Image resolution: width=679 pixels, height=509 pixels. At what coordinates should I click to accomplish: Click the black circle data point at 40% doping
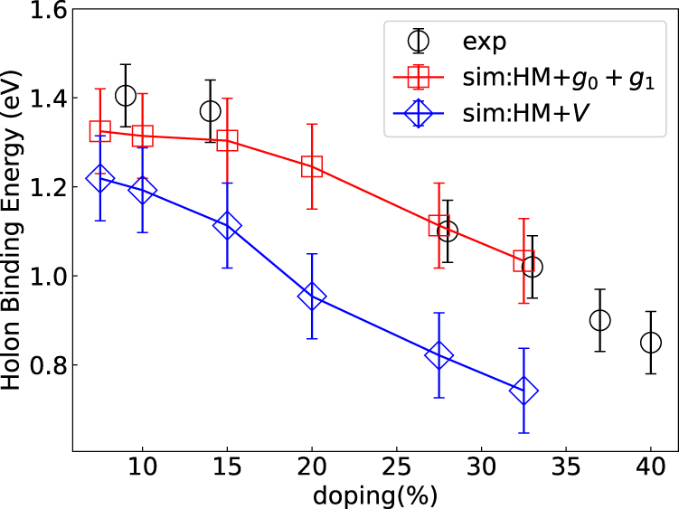pyautogui.click(x=650, y=343)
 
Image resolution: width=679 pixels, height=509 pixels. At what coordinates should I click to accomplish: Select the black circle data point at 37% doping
pyautogui.click(x=599, y=320)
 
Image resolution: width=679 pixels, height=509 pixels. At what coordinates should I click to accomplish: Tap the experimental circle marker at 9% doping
pyautogui.click(x=126, y=96)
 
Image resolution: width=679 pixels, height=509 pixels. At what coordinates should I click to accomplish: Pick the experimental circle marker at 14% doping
pyautogui.click(x=211, y=111)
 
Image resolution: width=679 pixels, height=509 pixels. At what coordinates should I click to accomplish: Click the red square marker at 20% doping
pyautogui.click(x=312, y=166)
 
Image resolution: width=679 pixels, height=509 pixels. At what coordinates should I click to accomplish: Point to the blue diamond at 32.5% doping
pyautogui.click(x=523, y=391)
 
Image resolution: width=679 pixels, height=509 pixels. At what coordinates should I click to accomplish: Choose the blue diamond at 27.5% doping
pyautogui.click(x=439, y=355)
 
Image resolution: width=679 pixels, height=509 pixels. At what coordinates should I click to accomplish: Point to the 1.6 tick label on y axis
pyautogui.click(x=41, y=11)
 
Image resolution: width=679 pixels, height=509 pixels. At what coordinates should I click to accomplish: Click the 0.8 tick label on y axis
pyautogui.click(x=41, y=365)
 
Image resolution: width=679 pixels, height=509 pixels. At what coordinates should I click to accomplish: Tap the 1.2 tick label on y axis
pyautogui.click(x=41, y=188)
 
